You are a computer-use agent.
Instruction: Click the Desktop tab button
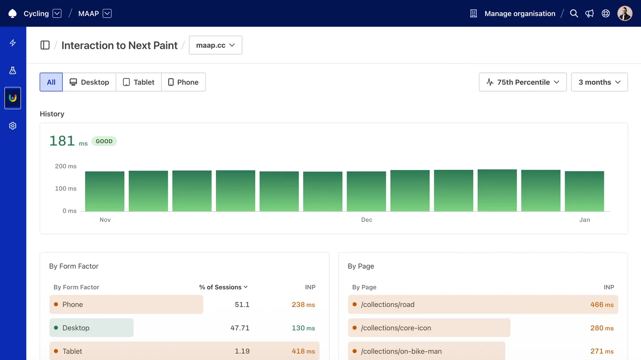pyautogui.click(x=89, y=82)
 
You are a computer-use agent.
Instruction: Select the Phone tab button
pyautogui.click(x=183, y=82)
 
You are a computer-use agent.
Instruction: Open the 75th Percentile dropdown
pyautogui.click(x=523, y=82)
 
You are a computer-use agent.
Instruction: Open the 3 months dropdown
pyautogui.click(x=599, y=82)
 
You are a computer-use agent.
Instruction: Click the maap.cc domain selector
pyautogui.click(x=215, y=45)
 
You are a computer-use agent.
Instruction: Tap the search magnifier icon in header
pyautogui.click(x=574, y=13)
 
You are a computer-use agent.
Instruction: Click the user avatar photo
pyautogui.click(x=625, y=13)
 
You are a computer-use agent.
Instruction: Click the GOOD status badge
pyautogui.click(x=104, y=141)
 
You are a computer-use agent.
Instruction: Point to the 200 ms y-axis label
pyautogui.click(x=66, y=166)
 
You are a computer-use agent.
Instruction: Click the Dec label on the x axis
pyautogui.click(x=366, y=220)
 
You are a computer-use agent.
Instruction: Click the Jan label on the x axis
pyautogui.click(x=584, y=220)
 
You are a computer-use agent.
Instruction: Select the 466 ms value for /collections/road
pyautogui.click(x=602, y=305)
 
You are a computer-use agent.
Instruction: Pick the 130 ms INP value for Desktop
pyautogui.click(x=303, y=328)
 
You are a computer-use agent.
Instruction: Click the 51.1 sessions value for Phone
pyautogui.click(x=242, y=305)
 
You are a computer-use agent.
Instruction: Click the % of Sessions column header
pyautogui.click(x=223, y=287)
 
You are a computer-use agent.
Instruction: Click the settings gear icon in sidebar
pyautogui.click(x=12, y=126)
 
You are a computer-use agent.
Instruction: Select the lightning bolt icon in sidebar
pyautogui.click(x=12, y=43)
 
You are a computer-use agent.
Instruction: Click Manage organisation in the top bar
pyautogui.click(x=519, y=13)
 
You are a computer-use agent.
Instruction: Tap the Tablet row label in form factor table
pyautogui.click(x=72, y=351)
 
